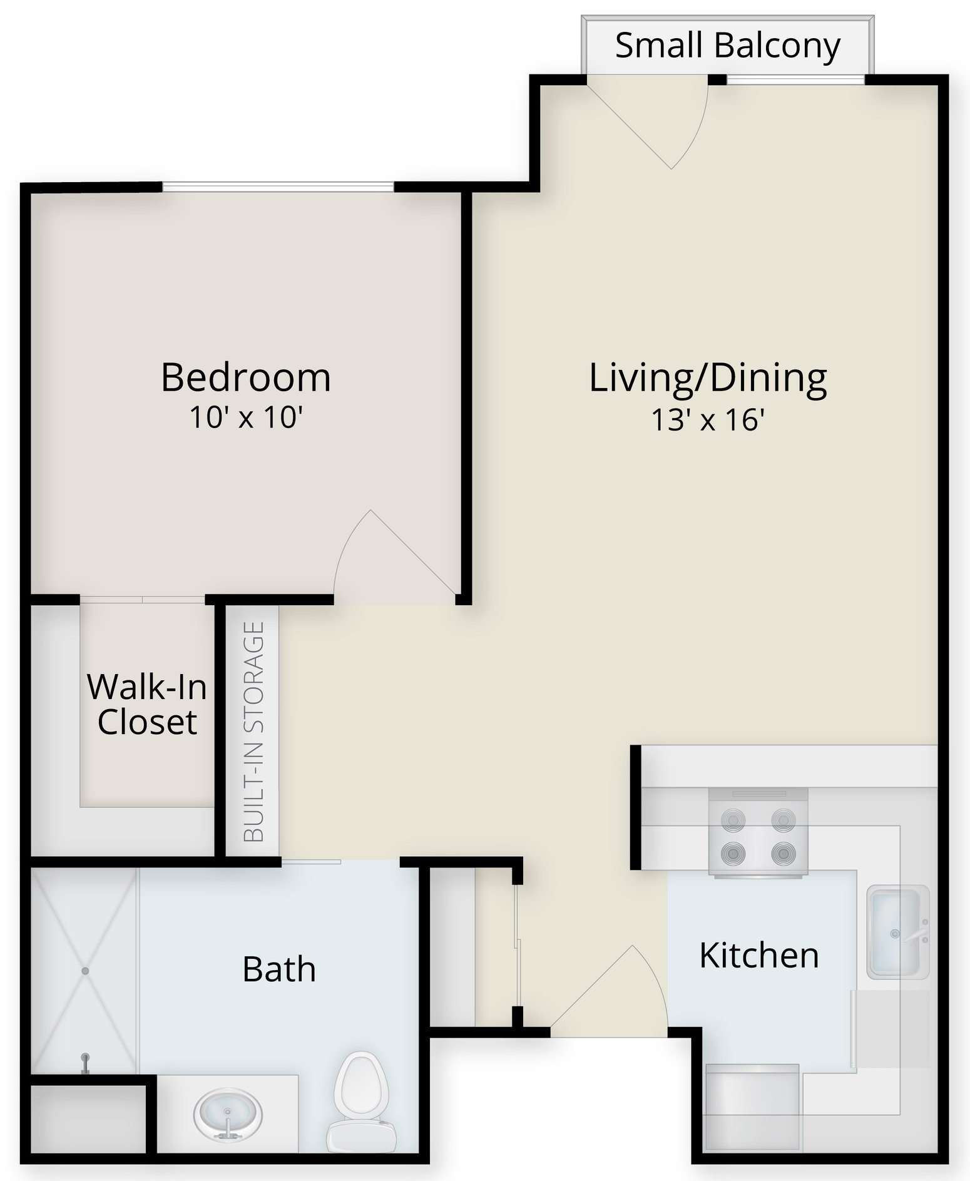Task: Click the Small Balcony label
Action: tap(727, 46)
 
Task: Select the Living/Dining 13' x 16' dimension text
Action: tap(708, 420)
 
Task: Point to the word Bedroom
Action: tap(246, 377)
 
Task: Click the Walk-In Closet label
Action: tap(147, 704)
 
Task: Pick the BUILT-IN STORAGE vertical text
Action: tap(253, 732)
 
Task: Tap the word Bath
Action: tap(279, 969)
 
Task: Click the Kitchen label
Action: tap(759, 955)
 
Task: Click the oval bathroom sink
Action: tap(227, 1116)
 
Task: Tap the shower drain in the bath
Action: tap(84, 971)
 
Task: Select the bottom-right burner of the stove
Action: tap(783, 852)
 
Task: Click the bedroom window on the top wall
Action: tap(278, 187)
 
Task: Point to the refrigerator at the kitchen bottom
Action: tap(753, 1108)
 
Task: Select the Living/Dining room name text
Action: tap(708, 379)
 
